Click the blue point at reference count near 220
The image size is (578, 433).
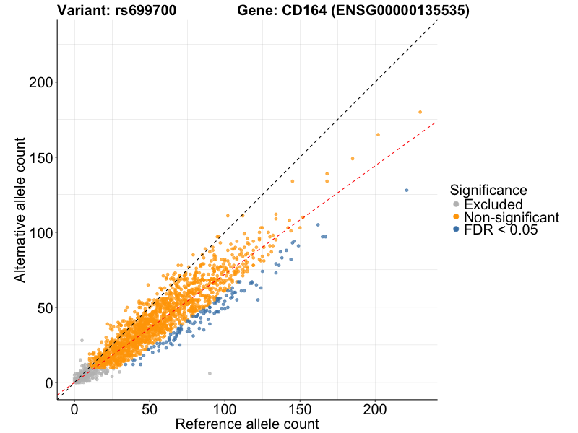[407, 191]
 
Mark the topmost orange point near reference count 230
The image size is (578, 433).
[420, 113]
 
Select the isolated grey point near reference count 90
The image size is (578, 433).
[210, 373]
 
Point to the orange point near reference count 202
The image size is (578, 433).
[377, 135]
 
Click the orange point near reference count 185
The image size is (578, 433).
[353, 159]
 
